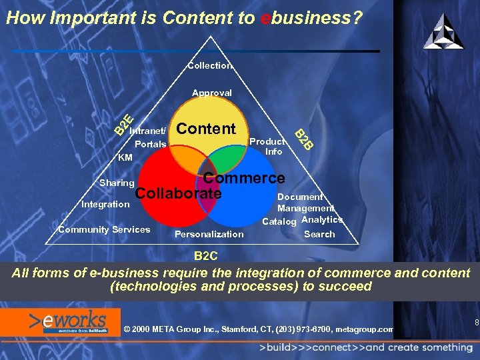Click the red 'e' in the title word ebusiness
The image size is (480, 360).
pos(265,18)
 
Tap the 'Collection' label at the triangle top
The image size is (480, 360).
pos(210,66)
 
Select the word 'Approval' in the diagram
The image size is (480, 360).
pos(212,93)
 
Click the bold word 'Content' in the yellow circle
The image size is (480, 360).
pos(206,129)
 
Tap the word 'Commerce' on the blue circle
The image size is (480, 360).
pos(244,179)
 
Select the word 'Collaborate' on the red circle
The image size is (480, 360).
pos(178,193)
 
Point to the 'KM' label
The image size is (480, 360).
pos(125,158)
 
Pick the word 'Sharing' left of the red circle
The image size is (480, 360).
pos(117,183)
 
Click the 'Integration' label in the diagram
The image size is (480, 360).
pos(105,204)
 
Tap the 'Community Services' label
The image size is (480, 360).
pos(104,230)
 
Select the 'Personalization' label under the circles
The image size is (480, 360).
pos(209,234)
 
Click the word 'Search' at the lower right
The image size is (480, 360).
pos(319,234)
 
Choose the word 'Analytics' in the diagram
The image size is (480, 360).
pos(322,219)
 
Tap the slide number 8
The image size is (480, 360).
pos(477,323)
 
